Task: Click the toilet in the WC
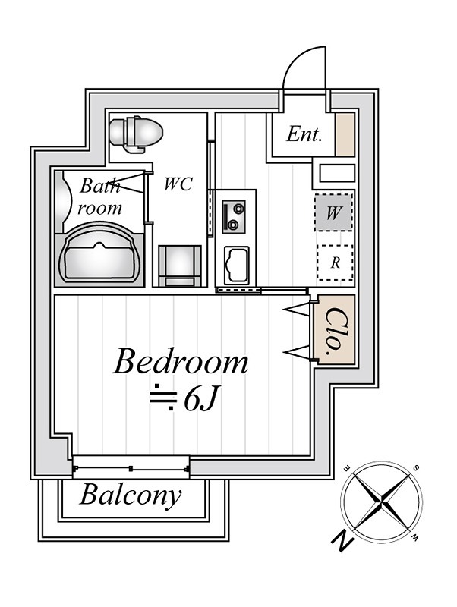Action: pos(136,133)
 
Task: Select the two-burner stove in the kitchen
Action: pos(234,217)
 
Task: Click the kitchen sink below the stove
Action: pos(237,265)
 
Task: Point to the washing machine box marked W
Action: pos(334,212)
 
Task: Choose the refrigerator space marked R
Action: pos(335,263)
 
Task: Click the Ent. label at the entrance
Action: pos(304,135)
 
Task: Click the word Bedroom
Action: pos(181,361)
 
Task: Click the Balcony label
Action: pos(131,495)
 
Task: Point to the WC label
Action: pos(178,184)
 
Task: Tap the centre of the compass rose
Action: pos(382,502)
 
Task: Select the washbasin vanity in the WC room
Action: pos(180,266)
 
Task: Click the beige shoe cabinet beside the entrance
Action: pos(345,135)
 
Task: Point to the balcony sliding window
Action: pos(131,468)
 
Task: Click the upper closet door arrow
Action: pos(297,309)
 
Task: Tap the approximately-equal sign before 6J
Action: pos(163,398)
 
